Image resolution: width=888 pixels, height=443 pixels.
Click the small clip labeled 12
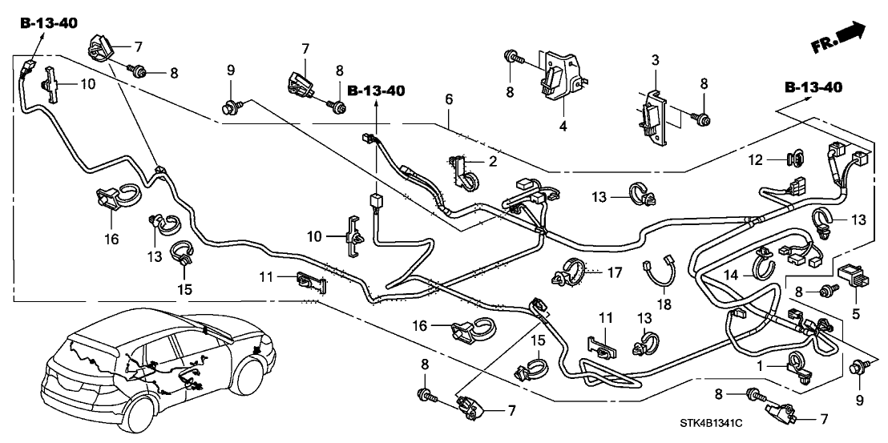coord(796,159)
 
